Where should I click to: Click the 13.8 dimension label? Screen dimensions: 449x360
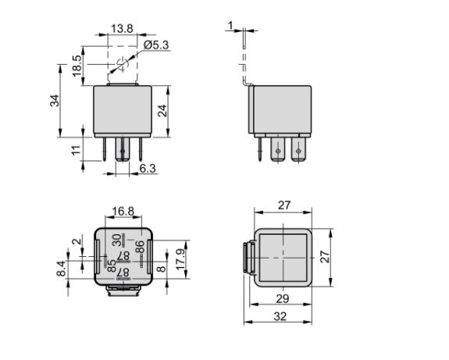pyautogui.click(x=122, y=29)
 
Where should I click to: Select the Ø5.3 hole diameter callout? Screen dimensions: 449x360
pyautogui.click(x=156, y=45)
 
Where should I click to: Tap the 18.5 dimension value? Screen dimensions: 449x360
pyautogui.click(x=77, y=66)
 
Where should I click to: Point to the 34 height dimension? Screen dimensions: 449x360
pyautogui.click(x=55, y=101)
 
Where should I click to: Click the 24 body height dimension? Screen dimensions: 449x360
pyautogui.click(x=162, y=111)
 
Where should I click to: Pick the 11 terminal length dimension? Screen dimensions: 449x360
pyautogui.click(x=77, y=151)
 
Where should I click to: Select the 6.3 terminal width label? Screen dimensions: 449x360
pyautogui.click(x=148, y=169)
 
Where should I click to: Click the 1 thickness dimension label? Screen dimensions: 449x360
pyautogui.click(x=230, y=26)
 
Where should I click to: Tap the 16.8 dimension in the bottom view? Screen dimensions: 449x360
pyautogui.click(x=123, y=212)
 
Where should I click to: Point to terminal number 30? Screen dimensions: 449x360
pyautogui.click(x=116, y=240)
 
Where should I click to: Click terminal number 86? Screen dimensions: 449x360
pyautogui.click(x=140, y=247)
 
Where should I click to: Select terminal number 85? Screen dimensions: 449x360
pyautogui.click(x=112, y=266)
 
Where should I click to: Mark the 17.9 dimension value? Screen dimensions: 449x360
pyautogui.click(x=180, y=260)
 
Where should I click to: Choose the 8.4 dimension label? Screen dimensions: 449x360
pyautogui.click(x=61, y=269)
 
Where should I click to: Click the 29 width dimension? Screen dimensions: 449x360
pyautogui.click(x=283, y=299)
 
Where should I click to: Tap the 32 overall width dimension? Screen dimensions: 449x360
pyautogui.click(x=280, y=316)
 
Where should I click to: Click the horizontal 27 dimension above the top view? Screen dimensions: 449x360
pyautogui.click(x=284, y=205)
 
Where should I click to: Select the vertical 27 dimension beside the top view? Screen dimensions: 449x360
pyautogui.click(x=325, y=257)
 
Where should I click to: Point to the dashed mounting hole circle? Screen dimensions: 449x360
pyautogui.click(x=123, y=65)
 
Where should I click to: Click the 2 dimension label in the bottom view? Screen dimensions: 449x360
pyautogui.click(x=77, y=241)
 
